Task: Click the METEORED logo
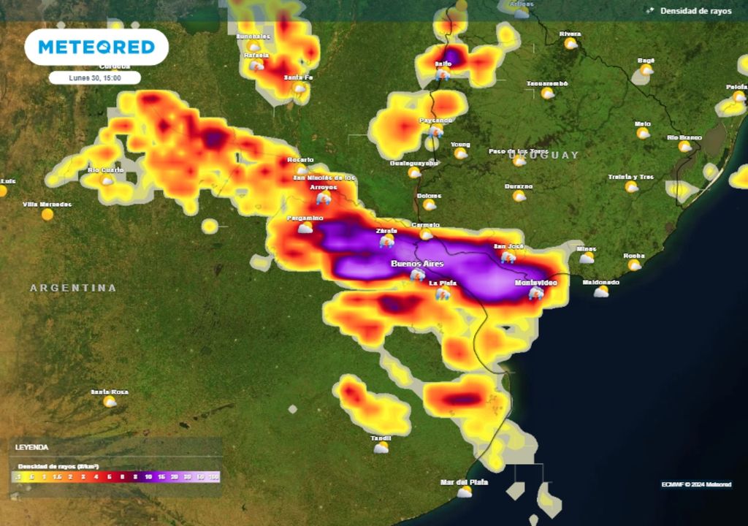coord(96,47)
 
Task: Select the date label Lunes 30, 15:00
coord(94,77)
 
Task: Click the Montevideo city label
coord(535,283)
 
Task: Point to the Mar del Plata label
coord(464,482)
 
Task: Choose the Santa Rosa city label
coord(109,392)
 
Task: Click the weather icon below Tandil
coord(381,448)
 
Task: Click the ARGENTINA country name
coord(73,288)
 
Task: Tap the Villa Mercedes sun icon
coord(47,214)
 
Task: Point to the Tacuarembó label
coord(547,84)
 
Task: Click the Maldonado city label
coord(600,283)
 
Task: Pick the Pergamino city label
coord(305,218)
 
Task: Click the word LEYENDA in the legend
coord(32,446)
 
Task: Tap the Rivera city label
coord(570,34)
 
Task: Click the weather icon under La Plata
coord(443,294)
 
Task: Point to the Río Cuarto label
coord(105,170)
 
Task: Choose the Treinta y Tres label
coord(631,178)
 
